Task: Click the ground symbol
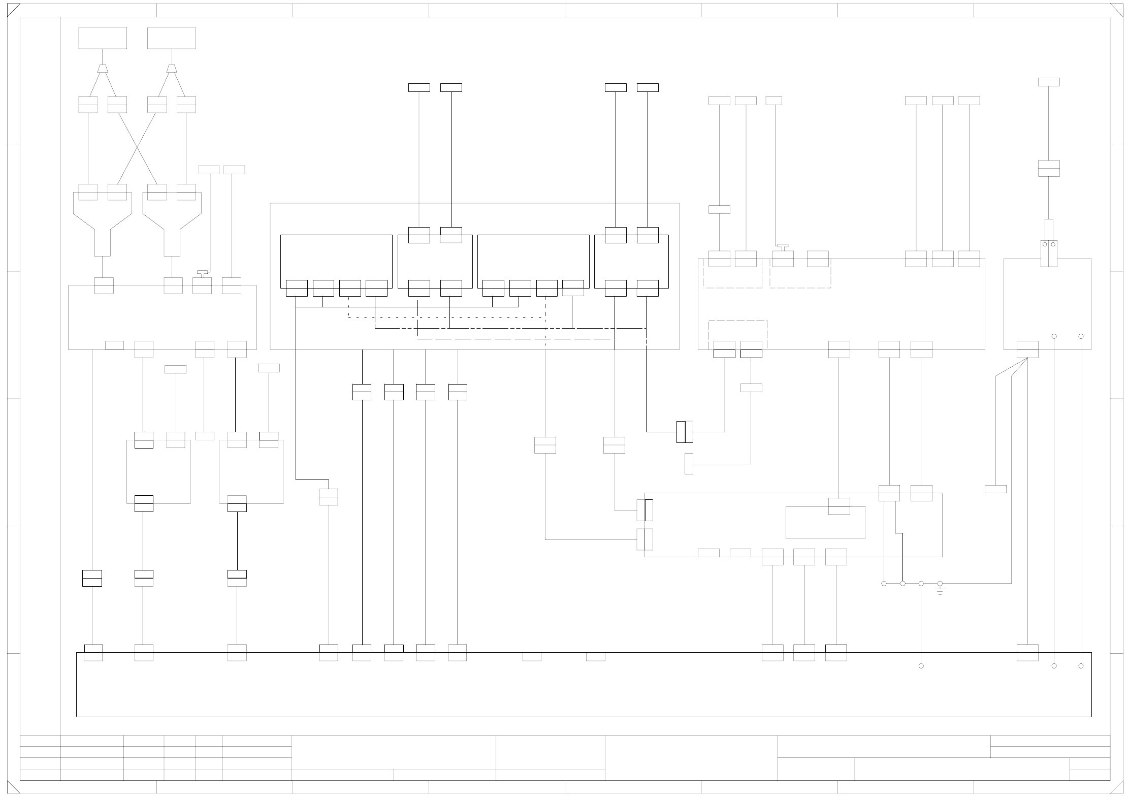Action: point(940,591)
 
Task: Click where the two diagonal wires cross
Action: point(137,148)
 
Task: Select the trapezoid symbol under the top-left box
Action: point(103,69)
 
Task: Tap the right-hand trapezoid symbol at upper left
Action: point(172,69)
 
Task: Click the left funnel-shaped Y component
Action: point(103,224)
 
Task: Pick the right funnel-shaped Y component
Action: point(172,224)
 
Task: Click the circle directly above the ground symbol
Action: point(940,584)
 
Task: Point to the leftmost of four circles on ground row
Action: point(884,584)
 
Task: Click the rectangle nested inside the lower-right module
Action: point(825,522)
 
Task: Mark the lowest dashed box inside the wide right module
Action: point(737,334)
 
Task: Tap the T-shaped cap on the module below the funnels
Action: point(202,273)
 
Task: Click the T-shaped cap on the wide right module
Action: point(783,246)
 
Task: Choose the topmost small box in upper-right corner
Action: point(1049,82)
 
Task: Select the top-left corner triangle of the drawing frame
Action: point(13,10)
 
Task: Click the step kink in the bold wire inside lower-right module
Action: point(898,533)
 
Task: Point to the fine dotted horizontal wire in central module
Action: point(447,317)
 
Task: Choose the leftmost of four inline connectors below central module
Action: point(362,392)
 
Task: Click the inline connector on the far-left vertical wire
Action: point(92,578)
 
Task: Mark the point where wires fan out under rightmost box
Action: point(1027,358)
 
